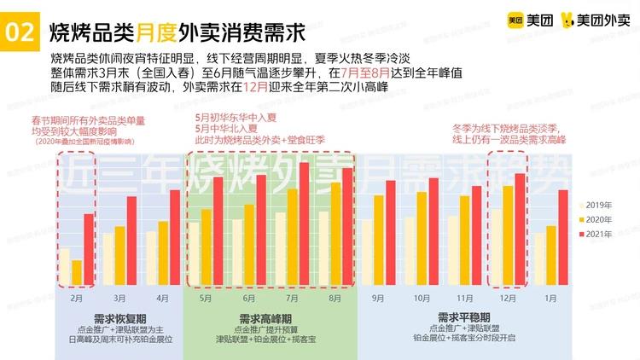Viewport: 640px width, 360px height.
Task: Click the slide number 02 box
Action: coord(19,33)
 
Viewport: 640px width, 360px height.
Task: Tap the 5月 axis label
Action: coord(206,298)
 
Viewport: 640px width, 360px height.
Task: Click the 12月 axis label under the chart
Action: coord(508,298)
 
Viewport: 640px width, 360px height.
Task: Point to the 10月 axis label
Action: coord(422,298)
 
